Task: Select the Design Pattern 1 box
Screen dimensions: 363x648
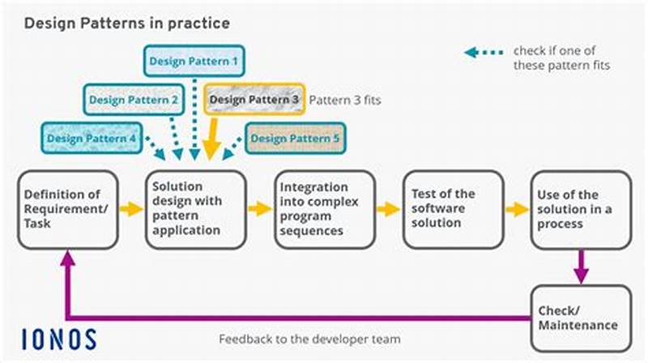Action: (194, 60)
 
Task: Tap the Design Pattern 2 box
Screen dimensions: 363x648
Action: (134, 100)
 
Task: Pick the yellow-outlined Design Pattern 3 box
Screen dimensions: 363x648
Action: (254, 100)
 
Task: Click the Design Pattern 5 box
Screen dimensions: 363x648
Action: (293, 138)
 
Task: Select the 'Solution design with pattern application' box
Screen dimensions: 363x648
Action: (194, 209)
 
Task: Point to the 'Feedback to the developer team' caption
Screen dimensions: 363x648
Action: (309, 339)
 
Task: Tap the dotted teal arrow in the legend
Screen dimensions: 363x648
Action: (483, 53)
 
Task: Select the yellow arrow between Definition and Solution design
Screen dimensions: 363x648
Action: (130, 209)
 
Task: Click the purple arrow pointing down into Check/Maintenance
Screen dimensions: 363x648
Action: (581, 267)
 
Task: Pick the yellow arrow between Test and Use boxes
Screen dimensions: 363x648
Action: (517, 209)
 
